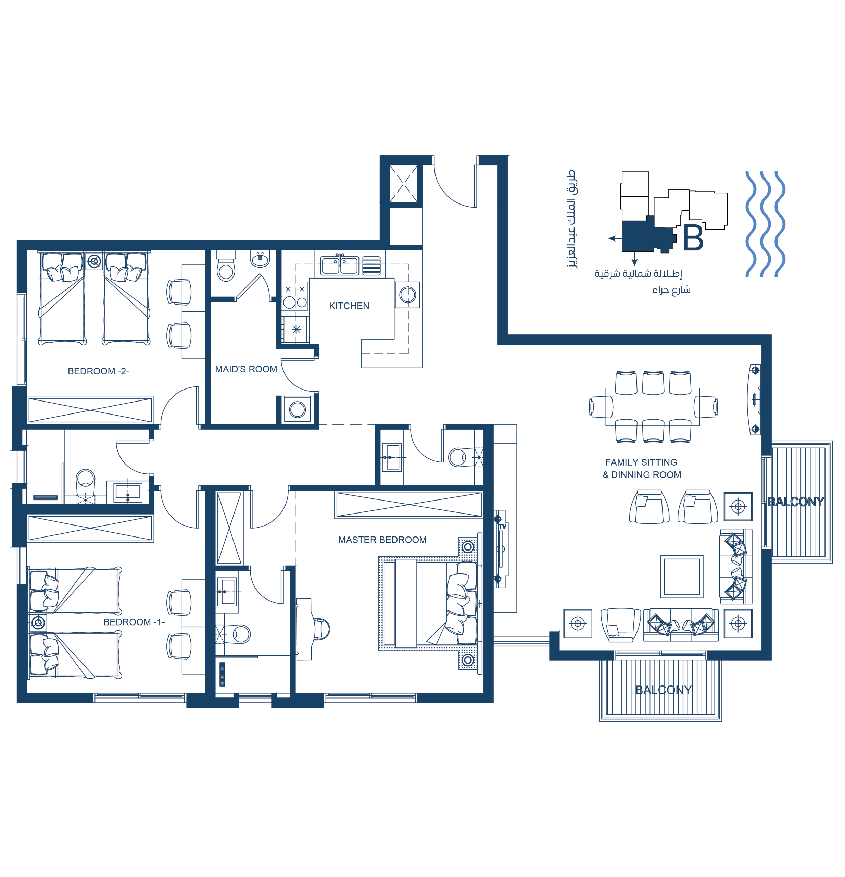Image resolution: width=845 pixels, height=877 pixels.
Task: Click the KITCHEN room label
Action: pyautogui.click(x=349, y=306)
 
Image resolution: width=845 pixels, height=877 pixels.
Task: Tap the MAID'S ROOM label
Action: pyautogui.click(x=246, y=369)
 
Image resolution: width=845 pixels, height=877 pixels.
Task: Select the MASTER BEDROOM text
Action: pyautogui.click(x=382, y=540)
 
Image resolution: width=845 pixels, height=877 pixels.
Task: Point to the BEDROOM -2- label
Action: pyautogui.click(x=98, y=371)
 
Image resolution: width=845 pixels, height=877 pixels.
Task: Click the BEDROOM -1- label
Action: pyautogui.click(x=134, y=622)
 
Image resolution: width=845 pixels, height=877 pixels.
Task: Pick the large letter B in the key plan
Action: pyautogui.click(x=693, y=238)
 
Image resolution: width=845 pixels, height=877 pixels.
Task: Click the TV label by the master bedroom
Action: pyautogui.click(x=503, y=527)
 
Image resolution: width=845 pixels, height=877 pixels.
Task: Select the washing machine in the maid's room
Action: pyautogui.click(x=297, y=409)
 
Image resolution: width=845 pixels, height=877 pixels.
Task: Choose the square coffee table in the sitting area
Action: pyautogui.click(x=682, y=577)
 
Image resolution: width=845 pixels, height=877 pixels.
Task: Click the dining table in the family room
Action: pyautogui.click(x=653, y=407)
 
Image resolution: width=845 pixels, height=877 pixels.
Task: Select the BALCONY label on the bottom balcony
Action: pyautogui.click(x=664, y=690)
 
